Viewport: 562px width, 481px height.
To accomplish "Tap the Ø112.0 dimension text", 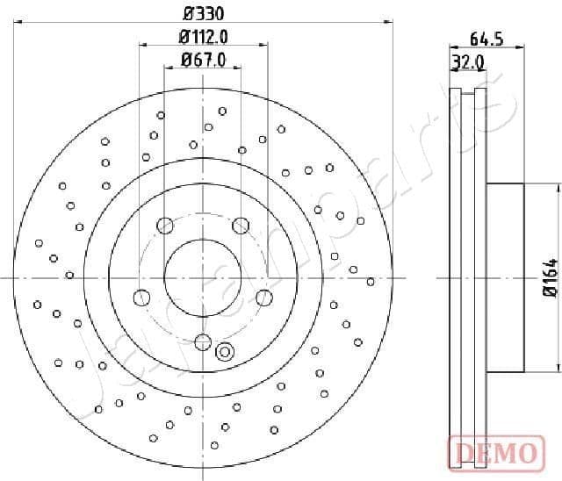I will coord(203,37).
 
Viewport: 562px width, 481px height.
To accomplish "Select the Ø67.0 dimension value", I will coord(203,60).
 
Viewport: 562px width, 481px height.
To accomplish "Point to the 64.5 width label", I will coord(486,39).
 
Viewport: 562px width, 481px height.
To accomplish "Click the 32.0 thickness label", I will coord(468,61).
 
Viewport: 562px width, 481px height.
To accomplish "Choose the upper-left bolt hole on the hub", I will coord(164,226).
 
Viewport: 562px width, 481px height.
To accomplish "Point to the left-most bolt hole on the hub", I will coord(140,298).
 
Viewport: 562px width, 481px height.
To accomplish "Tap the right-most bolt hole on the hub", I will coord(264,298).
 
